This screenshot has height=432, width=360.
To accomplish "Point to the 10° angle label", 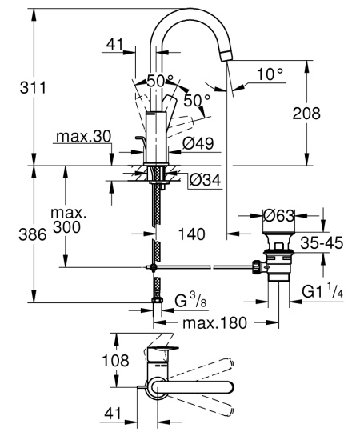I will tap(270, 74).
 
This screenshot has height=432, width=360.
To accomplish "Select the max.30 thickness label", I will tap(82, 138).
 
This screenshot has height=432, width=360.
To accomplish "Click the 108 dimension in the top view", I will tap(115, 361).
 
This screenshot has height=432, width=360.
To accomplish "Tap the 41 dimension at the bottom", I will tap(114, 413).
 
